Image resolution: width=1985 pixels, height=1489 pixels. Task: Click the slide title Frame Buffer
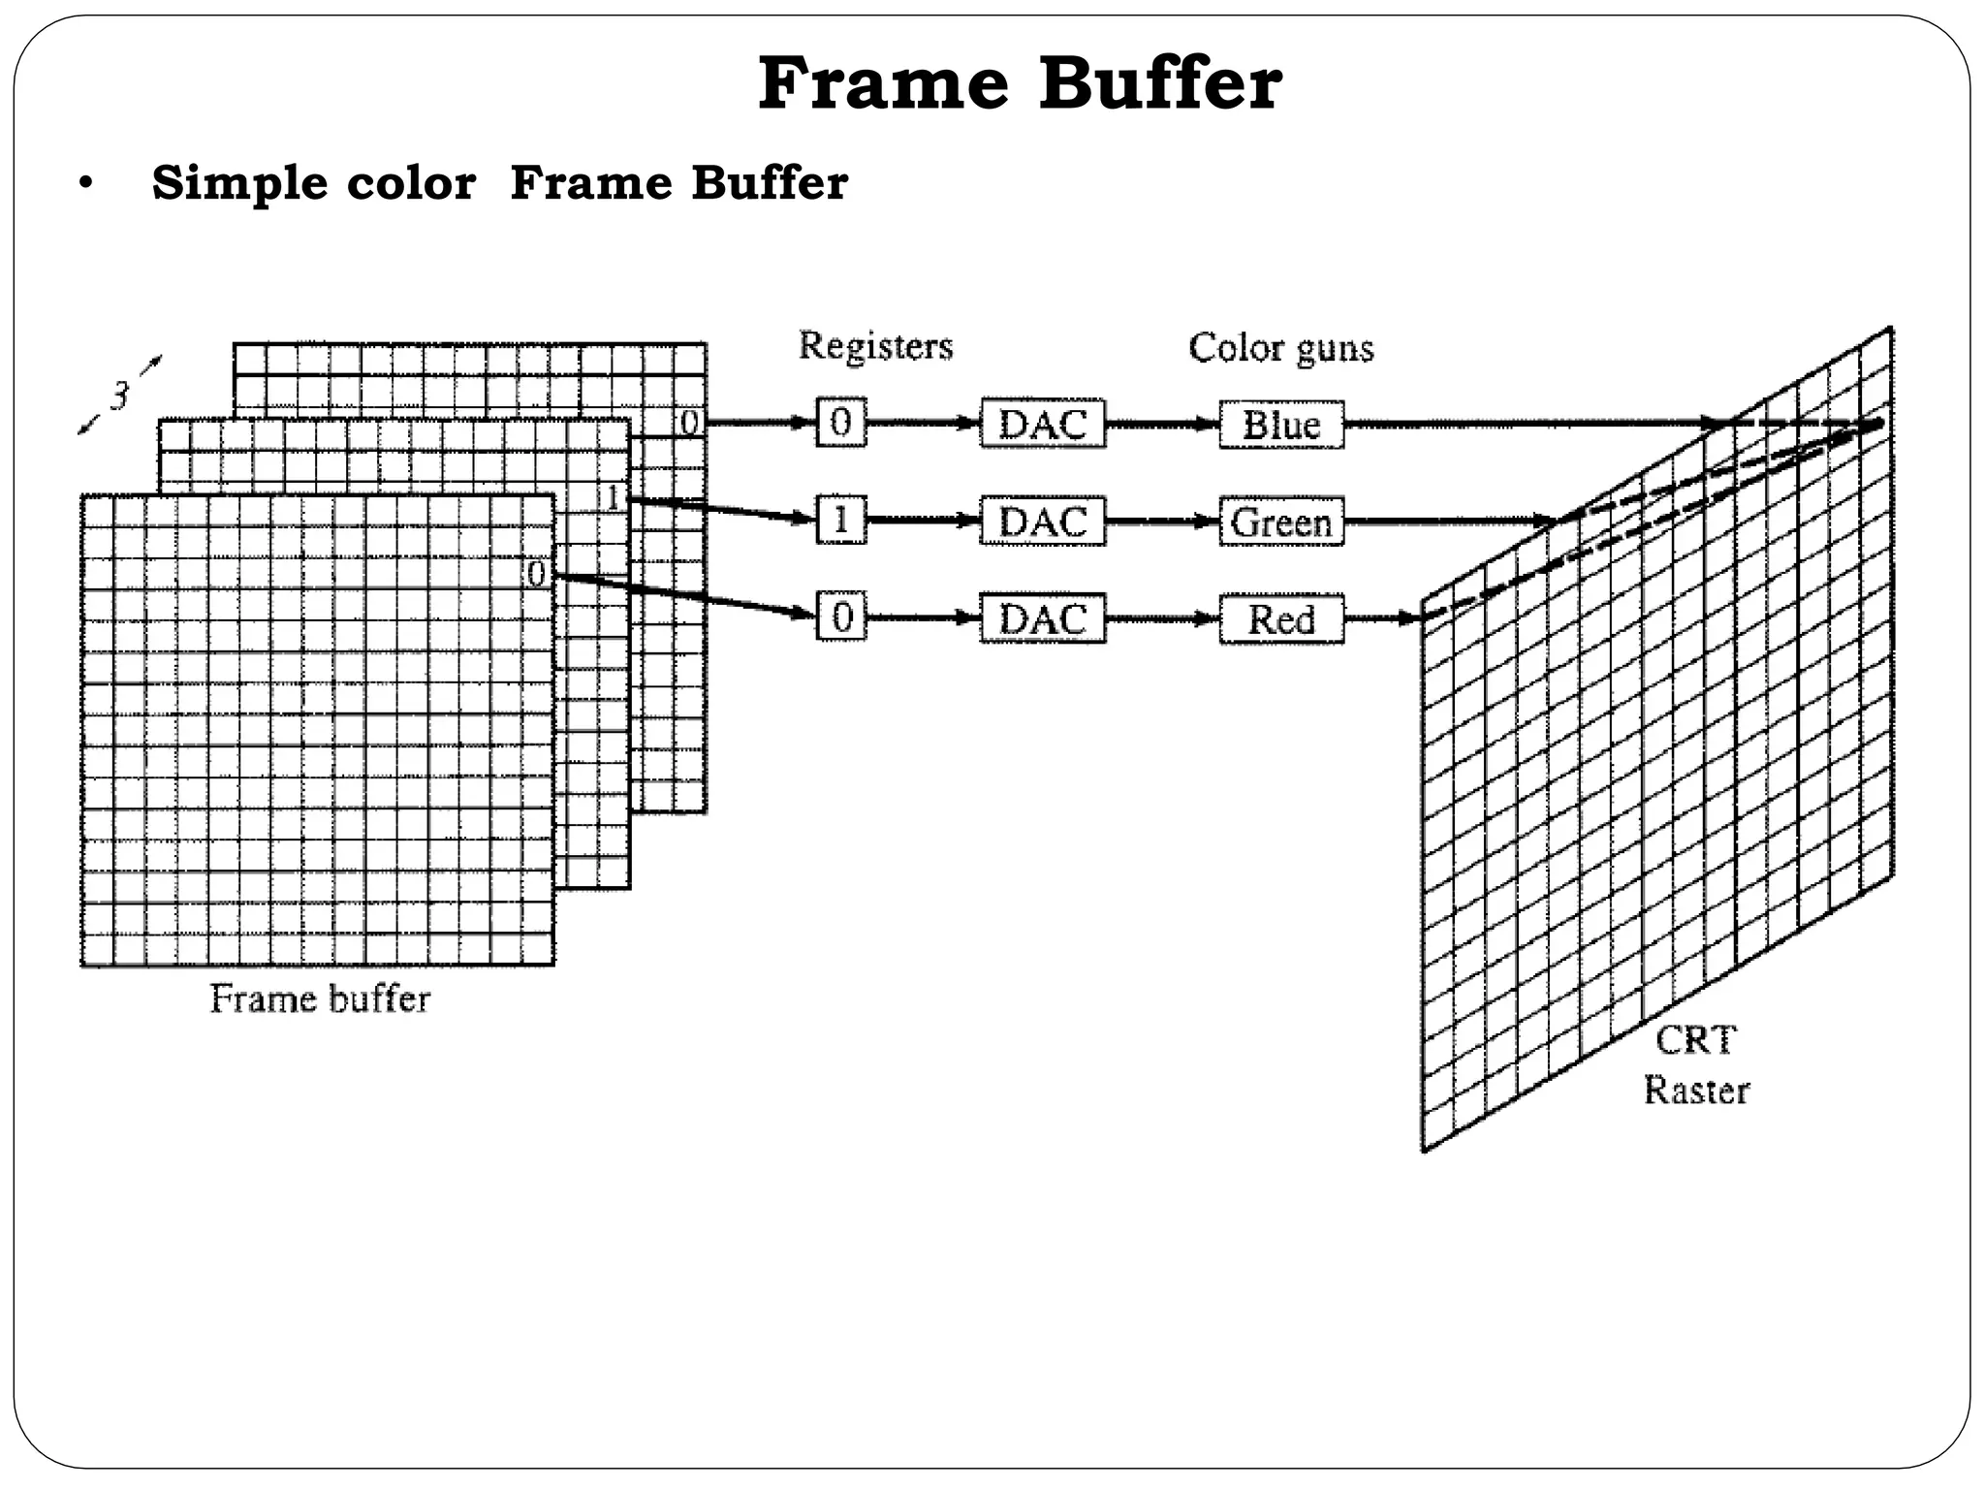click(1020, 84)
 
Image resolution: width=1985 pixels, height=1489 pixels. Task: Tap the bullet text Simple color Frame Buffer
click(499, 182)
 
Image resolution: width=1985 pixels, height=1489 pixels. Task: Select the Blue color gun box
click(1281, 425)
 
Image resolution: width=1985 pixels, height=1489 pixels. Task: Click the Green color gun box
click(1281, 523)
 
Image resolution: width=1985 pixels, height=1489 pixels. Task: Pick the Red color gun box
click(1281, 619)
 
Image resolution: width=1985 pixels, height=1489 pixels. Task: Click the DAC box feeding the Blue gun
click(1043, 425)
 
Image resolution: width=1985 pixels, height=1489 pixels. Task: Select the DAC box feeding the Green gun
click(1043, 523)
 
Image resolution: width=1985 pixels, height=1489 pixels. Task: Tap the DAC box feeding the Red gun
click(1043, 619)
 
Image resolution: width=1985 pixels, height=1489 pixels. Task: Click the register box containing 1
click(840, 522)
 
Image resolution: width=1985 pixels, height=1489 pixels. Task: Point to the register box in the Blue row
click(840, 423)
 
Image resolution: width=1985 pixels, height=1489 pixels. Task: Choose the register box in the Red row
click(840, 618)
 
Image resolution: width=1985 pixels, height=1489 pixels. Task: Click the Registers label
click(875, 346)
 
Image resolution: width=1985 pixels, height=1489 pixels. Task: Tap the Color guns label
click(1280, 348)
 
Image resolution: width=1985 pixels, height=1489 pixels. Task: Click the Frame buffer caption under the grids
click(320, 998)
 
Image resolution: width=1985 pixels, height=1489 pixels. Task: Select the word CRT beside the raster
click(1696, 1040)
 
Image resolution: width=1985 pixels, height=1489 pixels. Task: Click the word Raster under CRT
click(1696, 1091)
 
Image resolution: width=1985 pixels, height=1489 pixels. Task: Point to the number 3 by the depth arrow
click(119, 396)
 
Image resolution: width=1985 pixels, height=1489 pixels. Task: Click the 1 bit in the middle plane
click(613, 498)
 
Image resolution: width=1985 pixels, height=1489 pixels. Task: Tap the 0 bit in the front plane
click(536, 574)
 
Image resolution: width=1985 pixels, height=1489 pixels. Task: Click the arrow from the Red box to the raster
click(1382, 618)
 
